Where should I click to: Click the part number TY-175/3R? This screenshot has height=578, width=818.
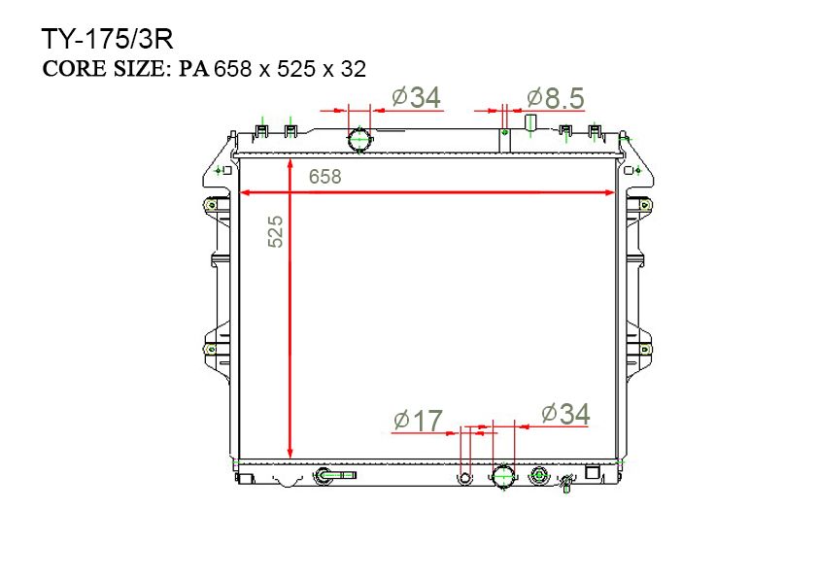107,39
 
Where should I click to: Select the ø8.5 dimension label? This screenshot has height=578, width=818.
555,98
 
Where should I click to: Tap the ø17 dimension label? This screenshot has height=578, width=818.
418,421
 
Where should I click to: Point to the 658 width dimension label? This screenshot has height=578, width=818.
325,177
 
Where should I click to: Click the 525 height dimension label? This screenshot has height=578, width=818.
276,231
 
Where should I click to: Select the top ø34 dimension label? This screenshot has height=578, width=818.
416,97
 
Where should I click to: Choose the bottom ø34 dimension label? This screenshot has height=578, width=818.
565,414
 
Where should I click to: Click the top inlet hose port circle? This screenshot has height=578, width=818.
359,139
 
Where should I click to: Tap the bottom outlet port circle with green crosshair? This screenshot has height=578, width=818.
503,476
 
